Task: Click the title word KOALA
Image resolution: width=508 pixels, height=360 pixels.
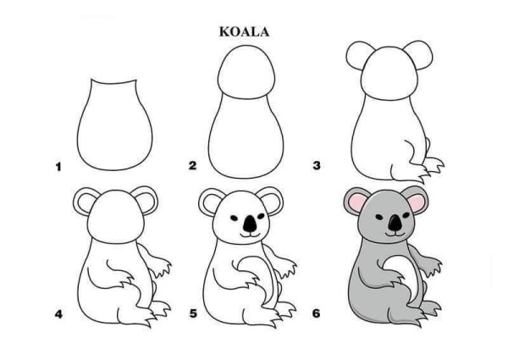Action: (x=245, y=31)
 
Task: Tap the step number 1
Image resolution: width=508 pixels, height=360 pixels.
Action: (x=58, y=167)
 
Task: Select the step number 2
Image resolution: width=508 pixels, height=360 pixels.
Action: (x=192, y=166)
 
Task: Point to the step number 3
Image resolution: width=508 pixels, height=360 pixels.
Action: (x=316, y=166)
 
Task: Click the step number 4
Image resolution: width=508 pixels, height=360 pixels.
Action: (x=58, y=314)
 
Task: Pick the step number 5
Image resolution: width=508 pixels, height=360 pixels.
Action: (x=192, y=314)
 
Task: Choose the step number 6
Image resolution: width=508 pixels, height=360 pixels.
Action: (x=316, y=314)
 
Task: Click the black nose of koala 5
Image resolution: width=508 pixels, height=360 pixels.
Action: (x=249, y=224)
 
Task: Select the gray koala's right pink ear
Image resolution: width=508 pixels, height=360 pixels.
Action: (x=420, y=203)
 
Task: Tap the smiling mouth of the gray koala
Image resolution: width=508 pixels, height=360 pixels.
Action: (x=395, y=232)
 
